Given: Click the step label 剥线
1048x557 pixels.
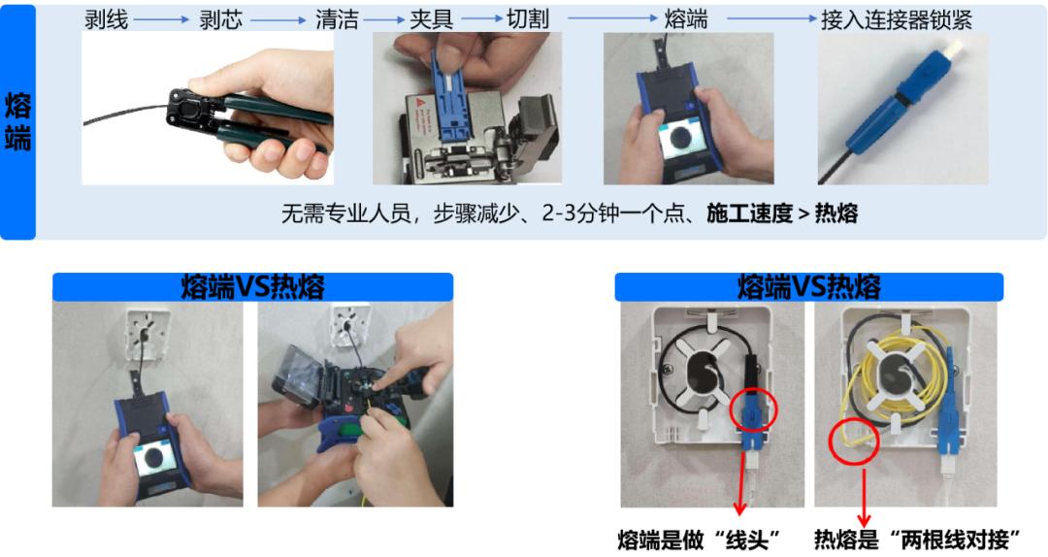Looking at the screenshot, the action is [106, 19].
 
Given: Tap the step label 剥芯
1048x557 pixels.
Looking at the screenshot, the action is [220, 19].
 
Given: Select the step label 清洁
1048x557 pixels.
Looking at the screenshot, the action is [337, 19].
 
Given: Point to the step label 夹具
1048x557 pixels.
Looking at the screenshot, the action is [431, 19].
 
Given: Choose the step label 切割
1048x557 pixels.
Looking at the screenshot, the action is [527, 19].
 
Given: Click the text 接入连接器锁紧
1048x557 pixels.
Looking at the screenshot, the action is [897, 20].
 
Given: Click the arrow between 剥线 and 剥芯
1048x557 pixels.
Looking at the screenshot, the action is [162, 20].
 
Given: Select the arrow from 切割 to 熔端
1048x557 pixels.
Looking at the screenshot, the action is [613, 18].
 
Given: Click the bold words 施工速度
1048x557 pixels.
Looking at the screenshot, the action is [749, 213].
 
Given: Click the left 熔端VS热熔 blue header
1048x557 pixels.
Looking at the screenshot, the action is [252, 287].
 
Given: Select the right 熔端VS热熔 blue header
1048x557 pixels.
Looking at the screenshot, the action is [808, 287].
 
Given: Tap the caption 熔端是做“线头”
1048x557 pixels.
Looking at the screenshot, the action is [699, 540].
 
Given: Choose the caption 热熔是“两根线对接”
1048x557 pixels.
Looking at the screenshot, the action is [917, 540].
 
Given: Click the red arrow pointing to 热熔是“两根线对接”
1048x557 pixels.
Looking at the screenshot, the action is [864, 498].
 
